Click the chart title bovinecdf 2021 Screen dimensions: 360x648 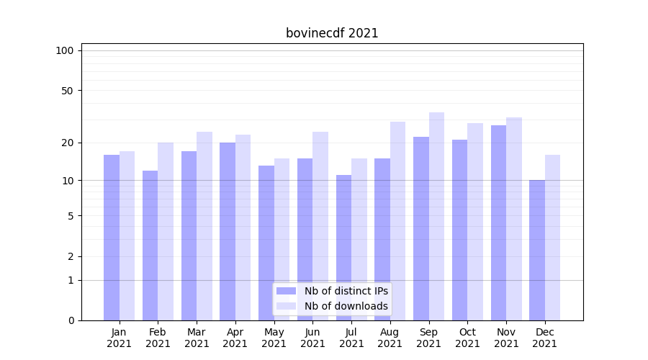332,33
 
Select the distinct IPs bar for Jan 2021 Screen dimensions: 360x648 112,238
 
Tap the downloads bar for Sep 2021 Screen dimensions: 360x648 436,216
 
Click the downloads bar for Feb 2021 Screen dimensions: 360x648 166,231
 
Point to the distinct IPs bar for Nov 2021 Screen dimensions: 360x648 498,222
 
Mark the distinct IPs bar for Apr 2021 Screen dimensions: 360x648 228,231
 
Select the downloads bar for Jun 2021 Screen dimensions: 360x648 320,226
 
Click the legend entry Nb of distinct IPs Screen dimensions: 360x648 346,291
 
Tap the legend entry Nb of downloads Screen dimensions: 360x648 346,306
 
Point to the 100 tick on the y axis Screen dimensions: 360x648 65,50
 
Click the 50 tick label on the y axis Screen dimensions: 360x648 68,91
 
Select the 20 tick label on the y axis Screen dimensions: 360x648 68,143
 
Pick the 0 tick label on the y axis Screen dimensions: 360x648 71,320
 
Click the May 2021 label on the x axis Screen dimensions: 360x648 274,338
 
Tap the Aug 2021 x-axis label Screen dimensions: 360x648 390,338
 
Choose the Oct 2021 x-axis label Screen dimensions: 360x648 467,338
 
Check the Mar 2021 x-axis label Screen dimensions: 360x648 197,338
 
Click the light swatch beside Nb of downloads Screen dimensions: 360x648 286,306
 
